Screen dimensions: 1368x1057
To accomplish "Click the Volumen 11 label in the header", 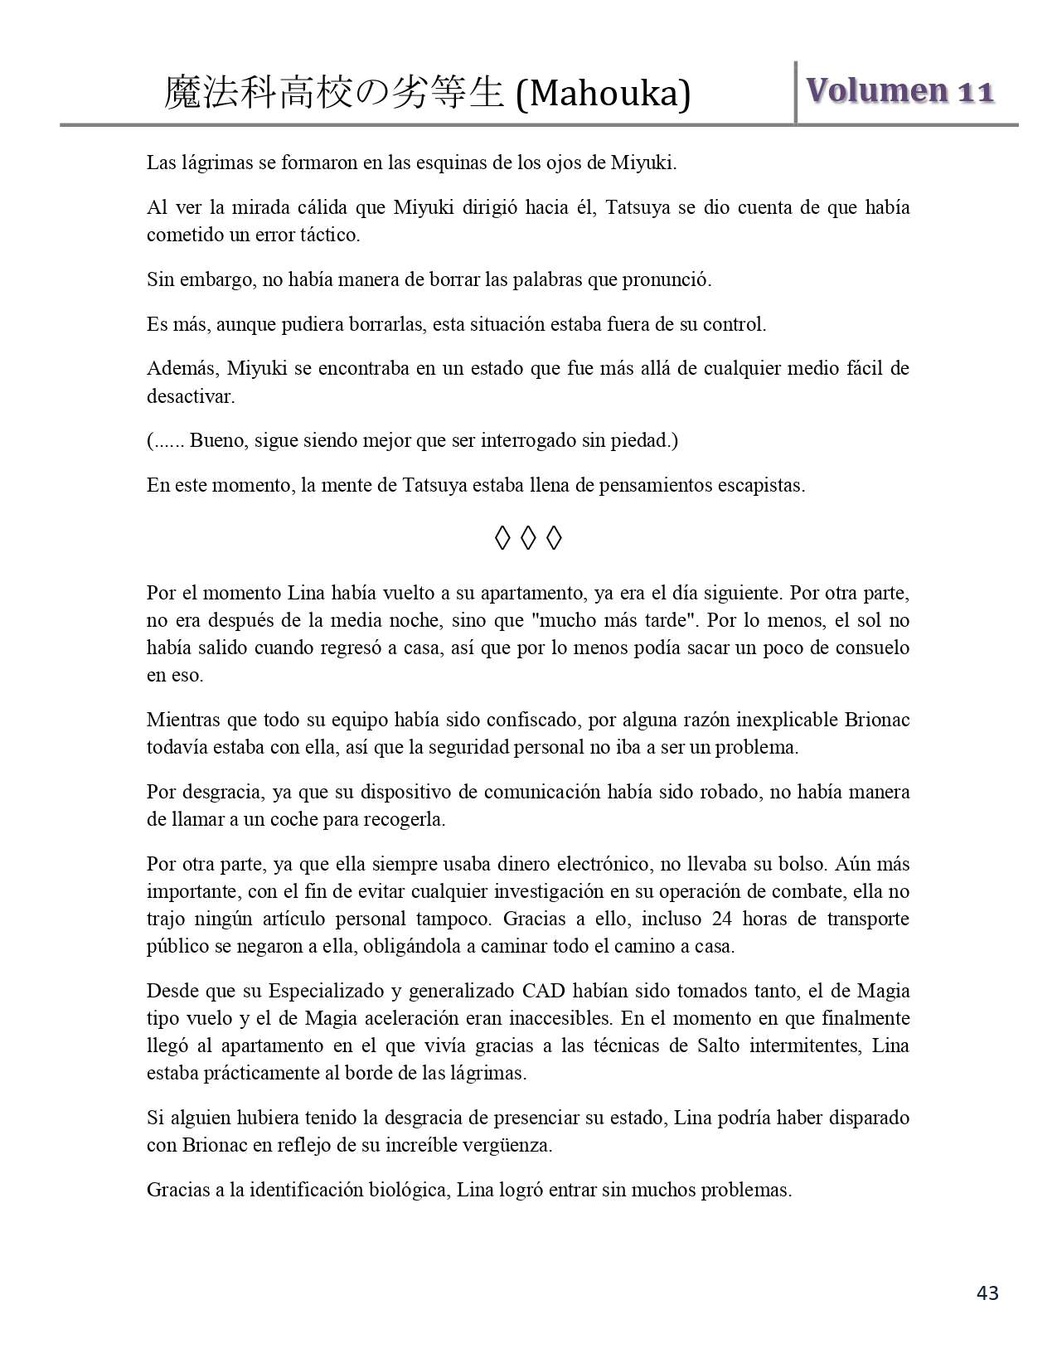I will (899, 91).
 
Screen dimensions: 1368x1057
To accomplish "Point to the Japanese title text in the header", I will (333, 93).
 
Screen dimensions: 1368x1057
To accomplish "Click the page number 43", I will (987, 1293).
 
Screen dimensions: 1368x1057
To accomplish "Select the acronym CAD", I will (542, 991).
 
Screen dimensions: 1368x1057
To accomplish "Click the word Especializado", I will (319, 991).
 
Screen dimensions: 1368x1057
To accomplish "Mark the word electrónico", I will (600, 864).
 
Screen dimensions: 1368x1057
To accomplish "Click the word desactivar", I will (190, 396).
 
